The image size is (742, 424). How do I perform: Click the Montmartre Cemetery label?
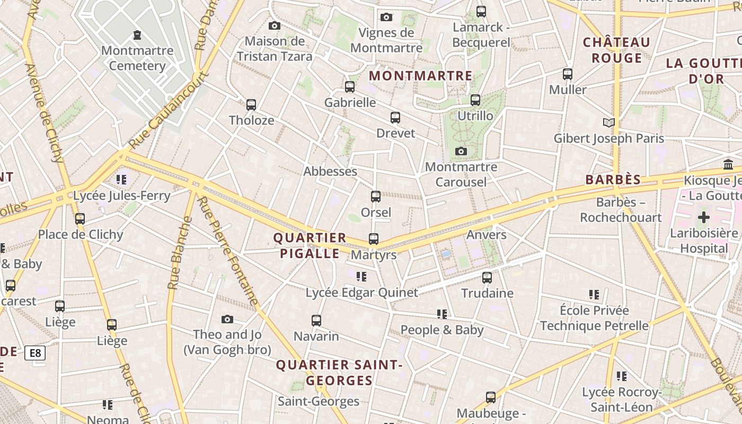point(137,58)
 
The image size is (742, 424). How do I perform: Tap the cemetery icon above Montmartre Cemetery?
point(137,35)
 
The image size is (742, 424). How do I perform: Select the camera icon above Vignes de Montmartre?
point(386,17)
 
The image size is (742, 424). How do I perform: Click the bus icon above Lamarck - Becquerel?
point(481,11)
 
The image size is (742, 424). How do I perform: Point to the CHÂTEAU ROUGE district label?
point(616,50)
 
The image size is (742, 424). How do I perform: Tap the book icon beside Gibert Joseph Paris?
point(609,123)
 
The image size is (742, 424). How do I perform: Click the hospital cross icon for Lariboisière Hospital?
point(704,217)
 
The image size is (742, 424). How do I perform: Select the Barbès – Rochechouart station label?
point(621,210)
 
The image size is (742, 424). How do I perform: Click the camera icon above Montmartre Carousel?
point(461,152)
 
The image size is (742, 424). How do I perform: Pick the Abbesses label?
point(330,171)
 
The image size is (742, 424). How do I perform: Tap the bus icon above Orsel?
point(376,197)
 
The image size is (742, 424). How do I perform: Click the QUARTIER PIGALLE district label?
point(310,245)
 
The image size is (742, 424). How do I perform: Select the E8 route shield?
point(35,353)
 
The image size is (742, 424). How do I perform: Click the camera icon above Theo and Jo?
point(227,319)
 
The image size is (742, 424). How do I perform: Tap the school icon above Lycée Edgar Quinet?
point(361,276)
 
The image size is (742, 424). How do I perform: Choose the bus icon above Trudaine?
point(487,277)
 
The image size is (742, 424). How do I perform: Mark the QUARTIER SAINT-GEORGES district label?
point(339,373)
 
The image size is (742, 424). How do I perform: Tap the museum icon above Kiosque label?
point(728,165)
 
